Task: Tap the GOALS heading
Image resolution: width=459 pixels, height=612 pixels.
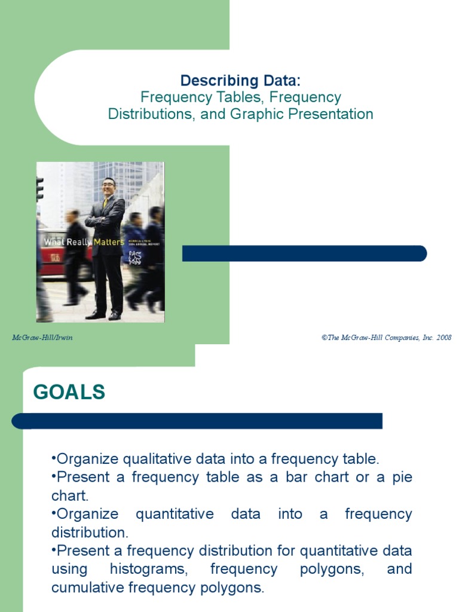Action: (69, 392)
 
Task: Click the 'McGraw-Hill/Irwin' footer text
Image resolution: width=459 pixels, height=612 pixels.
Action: (42, 338)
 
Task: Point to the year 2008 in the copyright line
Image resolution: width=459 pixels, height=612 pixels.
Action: (444, 338)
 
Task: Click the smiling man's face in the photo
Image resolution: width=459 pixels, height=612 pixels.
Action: (108, 187)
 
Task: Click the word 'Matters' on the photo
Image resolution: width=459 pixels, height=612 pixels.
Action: (109, 242)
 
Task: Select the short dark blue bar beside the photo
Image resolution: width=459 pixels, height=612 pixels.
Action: (304, 253)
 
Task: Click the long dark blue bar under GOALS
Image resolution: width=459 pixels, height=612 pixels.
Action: (197, 421)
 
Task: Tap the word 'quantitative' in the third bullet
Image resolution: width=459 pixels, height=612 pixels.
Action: (175, 514)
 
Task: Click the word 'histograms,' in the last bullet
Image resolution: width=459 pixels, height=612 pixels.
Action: (149, 568)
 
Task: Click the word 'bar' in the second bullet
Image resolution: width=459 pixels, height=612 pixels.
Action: (286, 478)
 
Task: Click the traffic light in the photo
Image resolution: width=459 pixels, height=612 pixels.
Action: (40, 188)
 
